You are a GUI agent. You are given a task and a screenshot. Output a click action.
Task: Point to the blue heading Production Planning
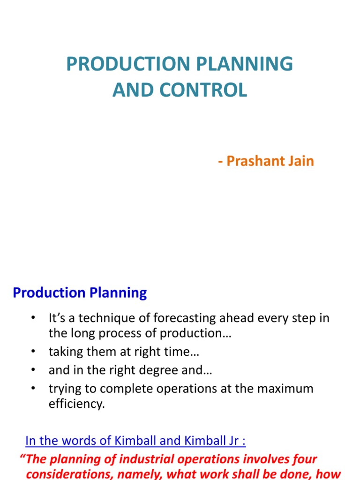click(80, 293)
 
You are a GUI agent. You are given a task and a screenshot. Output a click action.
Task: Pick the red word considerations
click(72, 474)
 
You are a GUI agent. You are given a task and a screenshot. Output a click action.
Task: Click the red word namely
click(148, 474)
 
